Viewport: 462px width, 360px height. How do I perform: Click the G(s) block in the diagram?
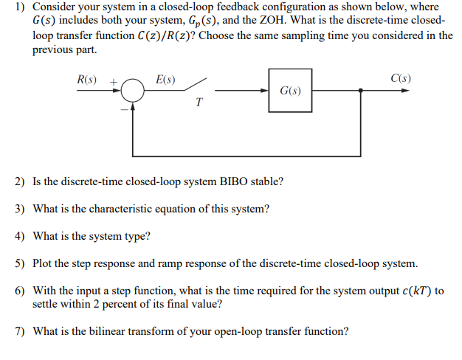(x=289, y=91)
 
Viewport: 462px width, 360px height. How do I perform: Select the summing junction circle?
(x=134, y=91)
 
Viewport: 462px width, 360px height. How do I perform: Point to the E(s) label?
(x=165, y=78)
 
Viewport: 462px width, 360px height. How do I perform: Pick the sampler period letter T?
(x=199, y=103)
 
